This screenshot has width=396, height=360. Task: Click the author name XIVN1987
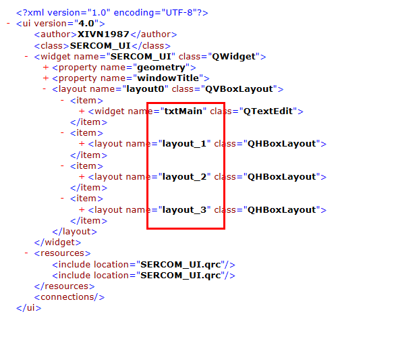[103, 34]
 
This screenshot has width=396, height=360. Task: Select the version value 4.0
[86, 23]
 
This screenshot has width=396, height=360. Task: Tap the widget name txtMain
[183, 111]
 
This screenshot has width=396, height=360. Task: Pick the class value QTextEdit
[268, 111]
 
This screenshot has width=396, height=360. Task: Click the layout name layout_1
[184, 144]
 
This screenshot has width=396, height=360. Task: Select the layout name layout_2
[184, 177]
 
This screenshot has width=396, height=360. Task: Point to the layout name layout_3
[184, 210]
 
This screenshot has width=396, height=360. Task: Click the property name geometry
[161, 68]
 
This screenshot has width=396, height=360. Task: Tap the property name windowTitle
[168, 78]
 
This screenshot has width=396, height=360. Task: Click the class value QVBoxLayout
[239, 89]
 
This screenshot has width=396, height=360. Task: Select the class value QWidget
[234, 56]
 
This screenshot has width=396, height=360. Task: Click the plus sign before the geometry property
[46, 68]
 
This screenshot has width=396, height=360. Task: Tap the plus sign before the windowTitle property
[46, 78]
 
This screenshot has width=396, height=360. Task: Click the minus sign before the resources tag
[26, 253]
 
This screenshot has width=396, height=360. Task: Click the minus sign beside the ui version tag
[8, 23]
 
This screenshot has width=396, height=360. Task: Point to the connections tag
[69, 297]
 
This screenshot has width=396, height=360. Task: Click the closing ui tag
[28, 308]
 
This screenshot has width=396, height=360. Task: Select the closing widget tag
[57, 242]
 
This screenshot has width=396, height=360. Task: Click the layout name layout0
[145, 89]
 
